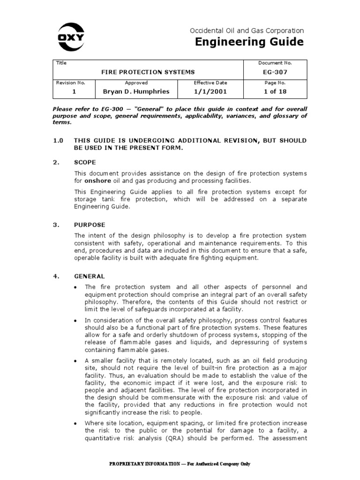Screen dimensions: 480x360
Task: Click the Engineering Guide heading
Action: point(249,42)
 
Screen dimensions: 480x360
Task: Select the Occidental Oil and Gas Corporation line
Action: point(247,30)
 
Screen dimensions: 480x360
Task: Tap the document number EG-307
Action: point(275,72)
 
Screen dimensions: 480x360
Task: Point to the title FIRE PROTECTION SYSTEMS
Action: point(148,72)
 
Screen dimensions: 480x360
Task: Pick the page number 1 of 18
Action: point(275,91)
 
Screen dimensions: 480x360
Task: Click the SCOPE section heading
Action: point(85,162)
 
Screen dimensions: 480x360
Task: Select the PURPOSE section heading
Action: point(90,225)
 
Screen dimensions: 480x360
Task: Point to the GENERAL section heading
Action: point(90,276)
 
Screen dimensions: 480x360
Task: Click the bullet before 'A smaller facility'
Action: point(75,360)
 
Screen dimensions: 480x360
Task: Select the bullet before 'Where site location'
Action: point(75,423)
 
